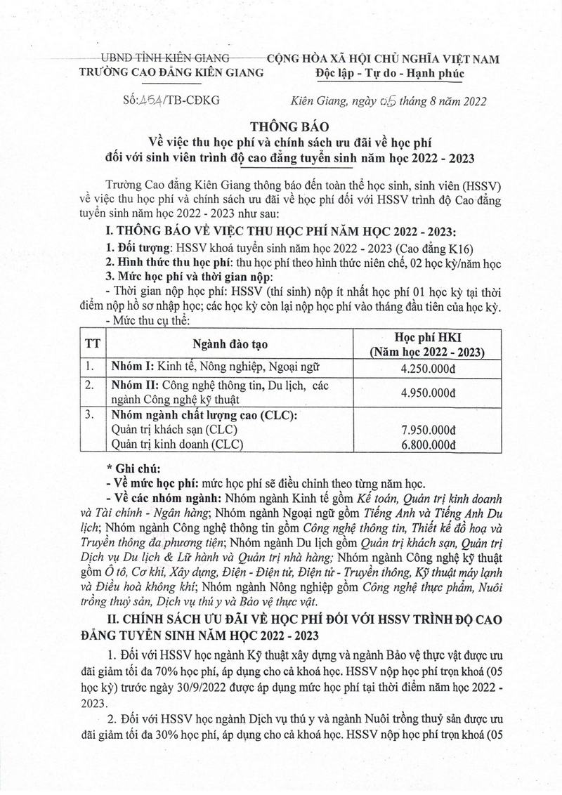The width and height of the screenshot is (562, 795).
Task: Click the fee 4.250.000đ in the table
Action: (x=428, y=366)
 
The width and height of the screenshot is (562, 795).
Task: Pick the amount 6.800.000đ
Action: (x=428, y=444)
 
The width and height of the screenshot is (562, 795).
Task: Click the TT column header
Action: (x=91, y=344)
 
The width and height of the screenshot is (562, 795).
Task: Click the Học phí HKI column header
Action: (x=428, y=337)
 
